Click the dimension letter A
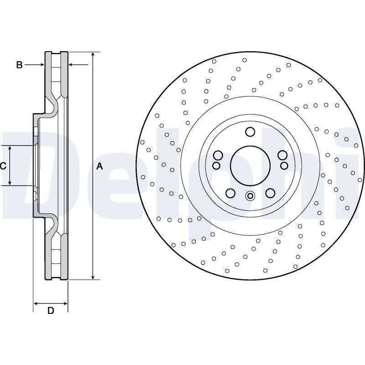point(99,166)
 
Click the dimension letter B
point(19,65)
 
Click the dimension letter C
point(3,166)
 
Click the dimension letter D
point(51,311)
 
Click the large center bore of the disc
point(250,166)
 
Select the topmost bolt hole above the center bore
point(250,132)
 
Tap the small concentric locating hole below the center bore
point(250,196)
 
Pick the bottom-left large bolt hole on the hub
point(230,193)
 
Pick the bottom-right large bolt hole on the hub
point(270,193)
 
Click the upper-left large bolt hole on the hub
point(218,155)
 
